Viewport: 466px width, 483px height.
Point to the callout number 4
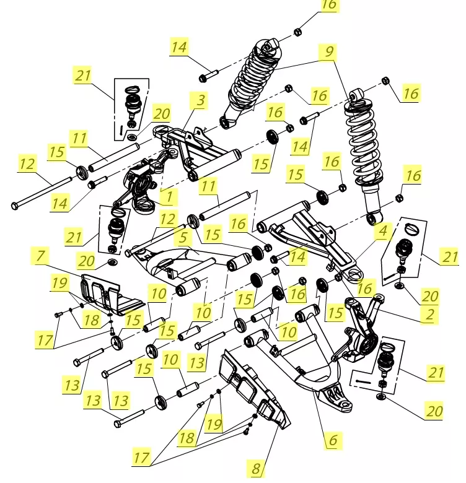click(382, 232)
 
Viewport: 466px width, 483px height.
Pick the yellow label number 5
click(183, 237)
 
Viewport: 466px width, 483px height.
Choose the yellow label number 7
click(41, 255)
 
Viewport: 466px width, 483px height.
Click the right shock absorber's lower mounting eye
click(371, 217)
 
